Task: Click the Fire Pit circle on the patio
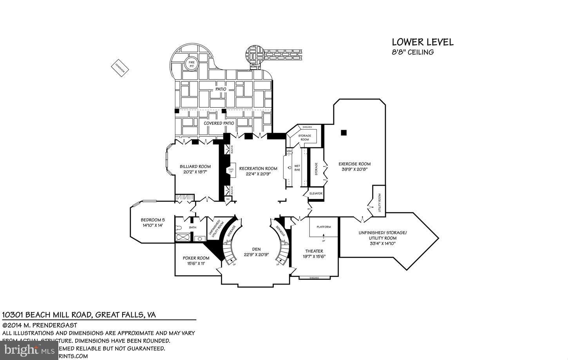pyautogui.click(x=192, y=64)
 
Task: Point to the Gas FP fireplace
pyautogui.click(x=231, y=170)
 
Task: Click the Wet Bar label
pyautogui.click(x=297, y=168)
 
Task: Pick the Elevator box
pyautogui.click(x=316, y=194)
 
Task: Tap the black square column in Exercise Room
pyautogui.click(x=344, y=133)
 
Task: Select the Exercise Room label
pyautogui.click(x=354, y=164)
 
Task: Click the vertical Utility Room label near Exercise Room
pyautogui.click(x=379, y=203)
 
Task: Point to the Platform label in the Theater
pyautogui.click(x=324, y=227)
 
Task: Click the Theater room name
pyautogui.click(x=314, y=251)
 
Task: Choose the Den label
pyautogui.click(x=256, y=249)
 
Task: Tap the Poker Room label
pyautogui.click(x=196, y=258)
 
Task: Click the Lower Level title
pyautogui.click(x=423, y=42)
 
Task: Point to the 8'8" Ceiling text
pyautogui.click(x=413, y=52)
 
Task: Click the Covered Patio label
pyautogui.click(x=219, y=123)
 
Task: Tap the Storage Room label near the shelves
pyautogui.click(x=304, y=137)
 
